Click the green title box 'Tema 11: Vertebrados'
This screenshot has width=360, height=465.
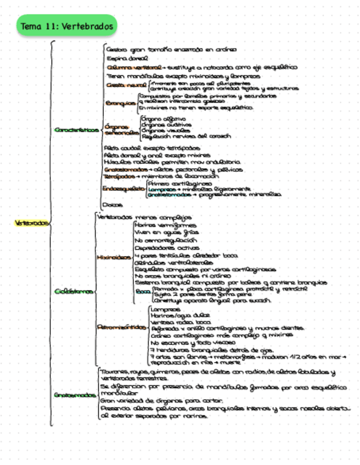67,26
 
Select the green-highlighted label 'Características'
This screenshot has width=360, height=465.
77,130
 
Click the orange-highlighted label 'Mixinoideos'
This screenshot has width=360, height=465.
114,257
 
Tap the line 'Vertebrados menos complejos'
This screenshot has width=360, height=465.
144,217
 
